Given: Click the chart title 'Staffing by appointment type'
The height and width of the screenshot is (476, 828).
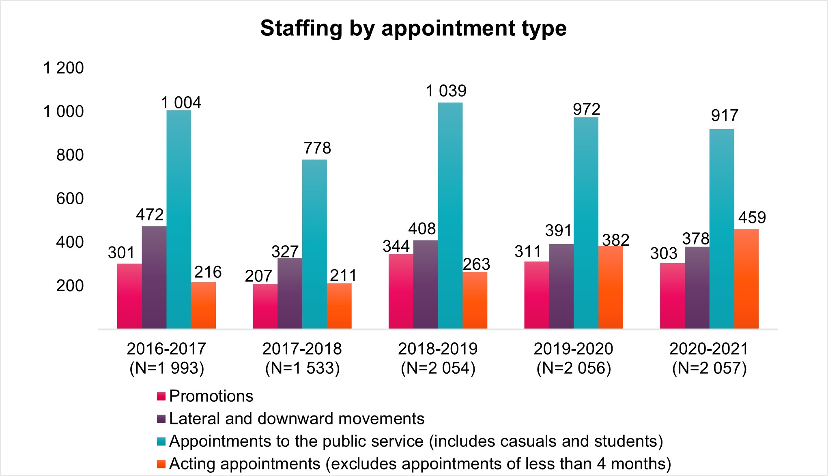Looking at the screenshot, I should [x=413, y=28].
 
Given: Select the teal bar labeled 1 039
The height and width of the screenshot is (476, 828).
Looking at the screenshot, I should [x=450, y=215].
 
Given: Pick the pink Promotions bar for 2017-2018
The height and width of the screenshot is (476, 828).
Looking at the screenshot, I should [x=265, y=306].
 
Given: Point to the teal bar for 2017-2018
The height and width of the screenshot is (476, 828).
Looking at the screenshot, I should [x=314, y=244].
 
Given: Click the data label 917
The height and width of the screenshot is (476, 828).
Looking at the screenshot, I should [x=725, y=116].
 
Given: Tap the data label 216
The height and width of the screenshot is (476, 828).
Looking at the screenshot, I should [x=208, y=272].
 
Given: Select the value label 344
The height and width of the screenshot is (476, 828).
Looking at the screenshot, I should [x=396, y=247].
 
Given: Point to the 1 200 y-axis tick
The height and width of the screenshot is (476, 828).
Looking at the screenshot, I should [x=63, y=68].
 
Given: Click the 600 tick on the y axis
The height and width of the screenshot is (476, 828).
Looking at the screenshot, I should [x=70, y=199].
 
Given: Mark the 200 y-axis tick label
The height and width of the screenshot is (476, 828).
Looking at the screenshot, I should [x=70, y=286].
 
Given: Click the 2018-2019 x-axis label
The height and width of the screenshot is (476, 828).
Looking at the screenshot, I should [x=438, y=349].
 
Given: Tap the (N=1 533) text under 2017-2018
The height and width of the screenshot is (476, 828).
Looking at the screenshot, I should [x=302, y=368].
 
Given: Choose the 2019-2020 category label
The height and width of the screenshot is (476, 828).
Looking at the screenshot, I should [x=573, y=349].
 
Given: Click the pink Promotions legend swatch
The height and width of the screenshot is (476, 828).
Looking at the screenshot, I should [x=161, y=396].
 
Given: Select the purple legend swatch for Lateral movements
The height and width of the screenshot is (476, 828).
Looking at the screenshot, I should [x=161, y=419].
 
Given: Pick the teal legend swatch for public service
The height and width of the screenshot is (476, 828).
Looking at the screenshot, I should [x=161, y=441].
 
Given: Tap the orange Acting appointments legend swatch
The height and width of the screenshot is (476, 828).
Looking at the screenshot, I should [x=161, y=464].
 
